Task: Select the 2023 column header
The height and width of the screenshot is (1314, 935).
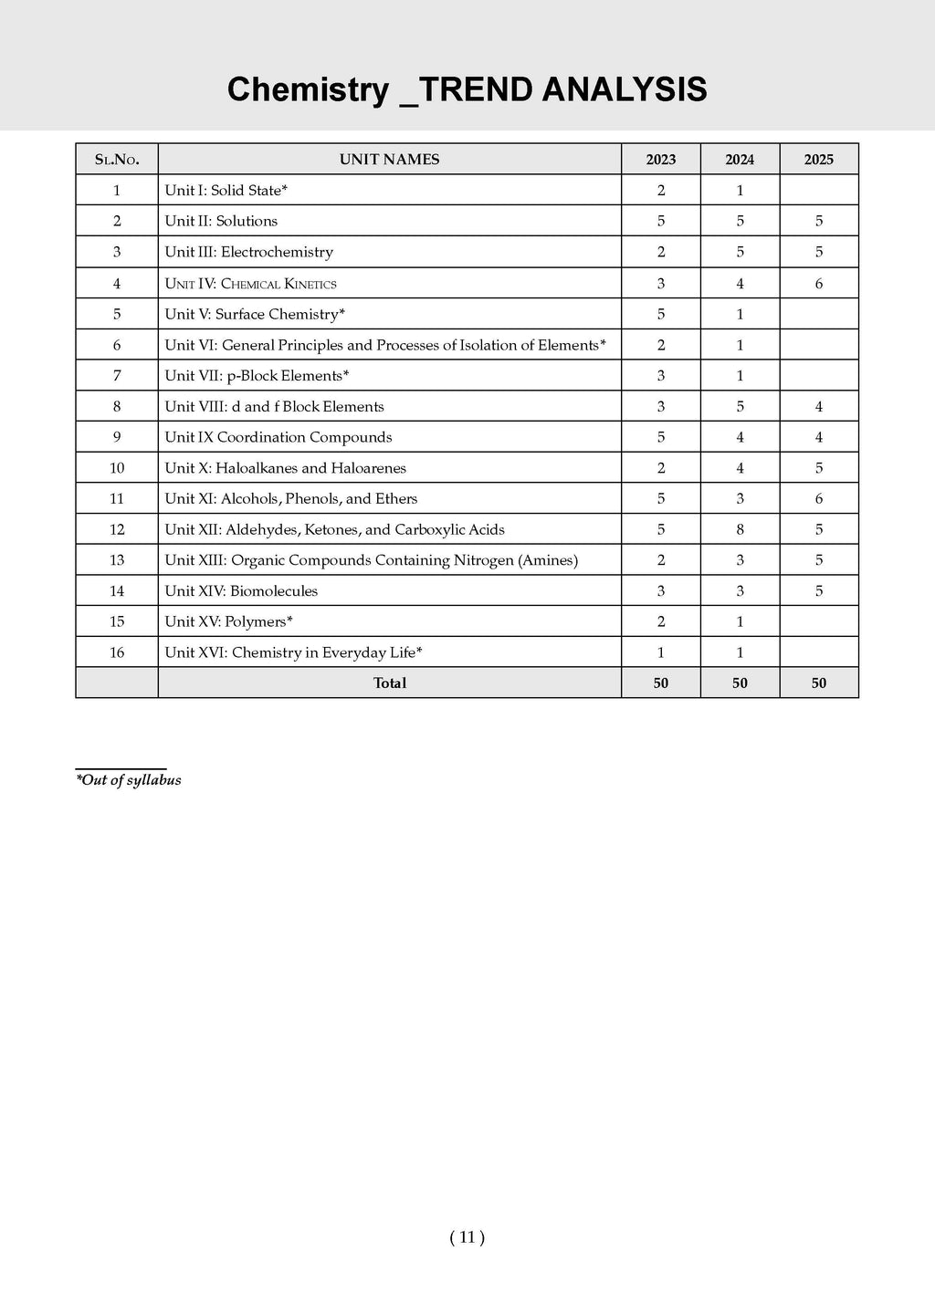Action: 661,160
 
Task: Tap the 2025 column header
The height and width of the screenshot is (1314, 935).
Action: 819,160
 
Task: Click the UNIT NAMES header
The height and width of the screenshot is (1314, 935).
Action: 389,160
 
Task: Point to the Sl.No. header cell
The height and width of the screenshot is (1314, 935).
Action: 117,160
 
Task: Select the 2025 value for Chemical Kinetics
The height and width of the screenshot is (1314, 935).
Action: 819,284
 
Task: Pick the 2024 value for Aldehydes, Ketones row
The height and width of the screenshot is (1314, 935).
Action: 740,529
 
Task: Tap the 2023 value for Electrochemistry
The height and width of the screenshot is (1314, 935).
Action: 661,252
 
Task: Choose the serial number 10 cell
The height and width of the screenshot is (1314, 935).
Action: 117,468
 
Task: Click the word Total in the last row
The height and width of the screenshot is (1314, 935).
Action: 390,683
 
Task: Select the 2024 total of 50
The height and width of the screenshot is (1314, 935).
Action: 740,683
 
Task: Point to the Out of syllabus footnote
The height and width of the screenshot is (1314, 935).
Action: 129,780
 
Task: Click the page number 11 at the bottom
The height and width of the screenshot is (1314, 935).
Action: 467,1237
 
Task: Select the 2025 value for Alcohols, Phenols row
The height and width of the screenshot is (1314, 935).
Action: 819,499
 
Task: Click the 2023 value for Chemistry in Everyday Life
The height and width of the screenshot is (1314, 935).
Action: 661,652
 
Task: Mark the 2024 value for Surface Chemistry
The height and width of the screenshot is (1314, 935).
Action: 740,314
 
